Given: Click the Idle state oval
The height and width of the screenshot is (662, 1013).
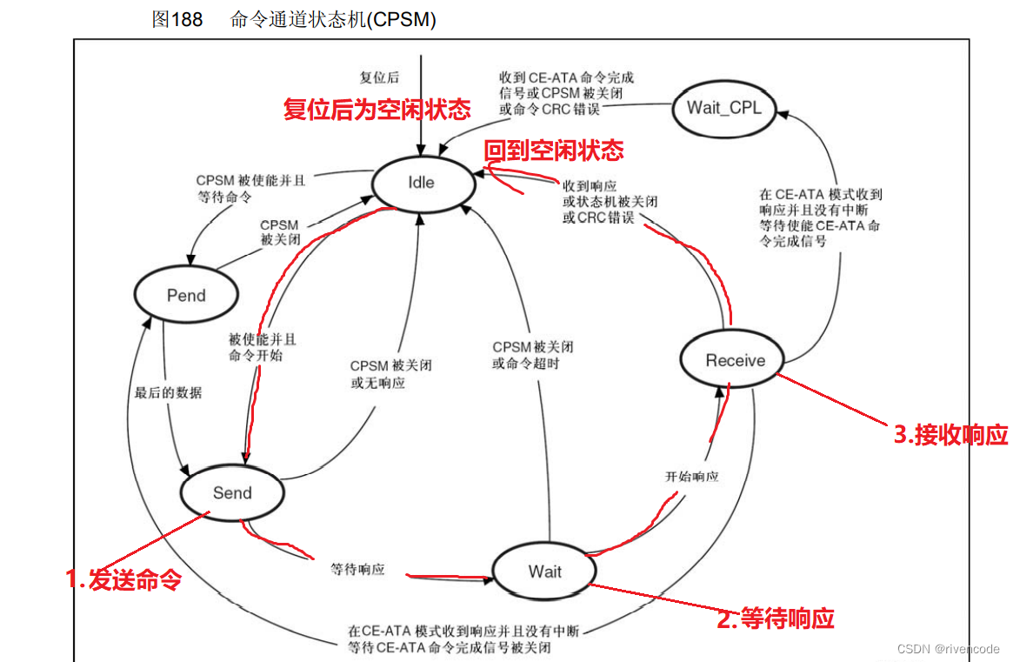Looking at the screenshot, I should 422,183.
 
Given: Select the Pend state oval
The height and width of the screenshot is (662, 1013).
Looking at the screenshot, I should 186,296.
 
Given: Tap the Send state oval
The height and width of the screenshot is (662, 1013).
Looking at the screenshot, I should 232,493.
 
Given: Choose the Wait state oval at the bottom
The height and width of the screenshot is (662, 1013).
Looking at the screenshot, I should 544,572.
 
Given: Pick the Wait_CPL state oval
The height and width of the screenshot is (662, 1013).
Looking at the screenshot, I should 724,108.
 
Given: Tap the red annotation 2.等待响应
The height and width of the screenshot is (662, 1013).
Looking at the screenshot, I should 775,619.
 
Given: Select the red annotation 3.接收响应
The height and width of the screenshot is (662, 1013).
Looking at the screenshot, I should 950,435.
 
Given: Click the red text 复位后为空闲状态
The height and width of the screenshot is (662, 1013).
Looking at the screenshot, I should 377,110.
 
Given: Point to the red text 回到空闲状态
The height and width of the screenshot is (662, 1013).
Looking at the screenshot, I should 554,150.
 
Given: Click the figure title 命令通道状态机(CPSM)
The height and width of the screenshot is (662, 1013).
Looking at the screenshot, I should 332,19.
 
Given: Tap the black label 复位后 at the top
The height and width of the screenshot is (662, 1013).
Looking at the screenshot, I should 379,77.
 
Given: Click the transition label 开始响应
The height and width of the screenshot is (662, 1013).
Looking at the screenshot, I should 691,477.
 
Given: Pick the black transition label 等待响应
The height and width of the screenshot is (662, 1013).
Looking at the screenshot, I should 357,570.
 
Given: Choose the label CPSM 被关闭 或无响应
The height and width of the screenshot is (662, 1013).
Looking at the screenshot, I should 390,374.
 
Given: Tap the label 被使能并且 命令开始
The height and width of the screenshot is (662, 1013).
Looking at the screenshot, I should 262,347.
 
